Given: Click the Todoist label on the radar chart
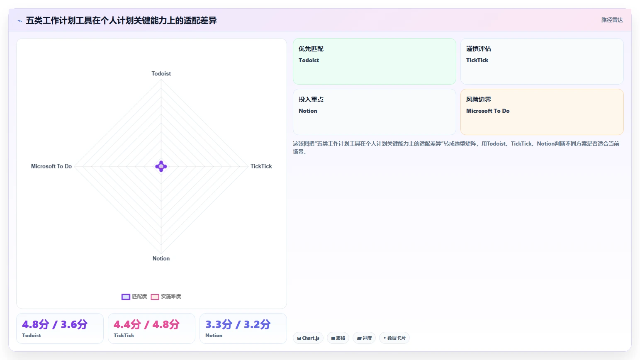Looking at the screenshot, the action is pos(161,73).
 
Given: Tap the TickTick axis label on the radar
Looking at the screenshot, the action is pos(261,166).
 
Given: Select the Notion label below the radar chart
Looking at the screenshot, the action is pos(161,258).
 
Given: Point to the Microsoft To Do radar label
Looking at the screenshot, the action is pos(51,166).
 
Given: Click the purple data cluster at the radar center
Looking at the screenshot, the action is pos(161,166).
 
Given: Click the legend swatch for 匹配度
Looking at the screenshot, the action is pos(126,297).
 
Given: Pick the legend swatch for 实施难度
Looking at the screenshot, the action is pos(155,297).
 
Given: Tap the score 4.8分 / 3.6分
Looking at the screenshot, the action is pos(55,324).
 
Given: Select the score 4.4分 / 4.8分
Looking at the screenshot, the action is pos(146,324).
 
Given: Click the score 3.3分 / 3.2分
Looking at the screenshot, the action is pos(238,324).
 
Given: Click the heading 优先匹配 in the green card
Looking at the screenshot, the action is pos(311,49).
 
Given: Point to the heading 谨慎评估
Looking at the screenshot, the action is pos(479,49).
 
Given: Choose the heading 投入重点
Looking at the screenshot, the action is pos(311,100).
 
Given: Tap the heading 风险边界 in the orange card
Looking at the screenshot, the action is pos(479,100).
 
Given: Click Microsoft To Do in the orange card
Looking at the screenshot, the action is pos(488,111).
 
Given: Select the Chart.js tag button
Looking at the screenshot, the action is pos(308,338).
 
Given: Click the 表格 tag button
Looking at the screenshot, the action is pos(338,338).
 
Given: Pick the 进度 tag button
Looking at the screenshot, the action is pos(364,338).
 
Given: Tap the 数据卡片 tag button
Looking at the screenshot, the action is pos(394,338).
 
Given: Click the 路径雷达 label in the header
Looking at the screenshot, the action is pos(612,20).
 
